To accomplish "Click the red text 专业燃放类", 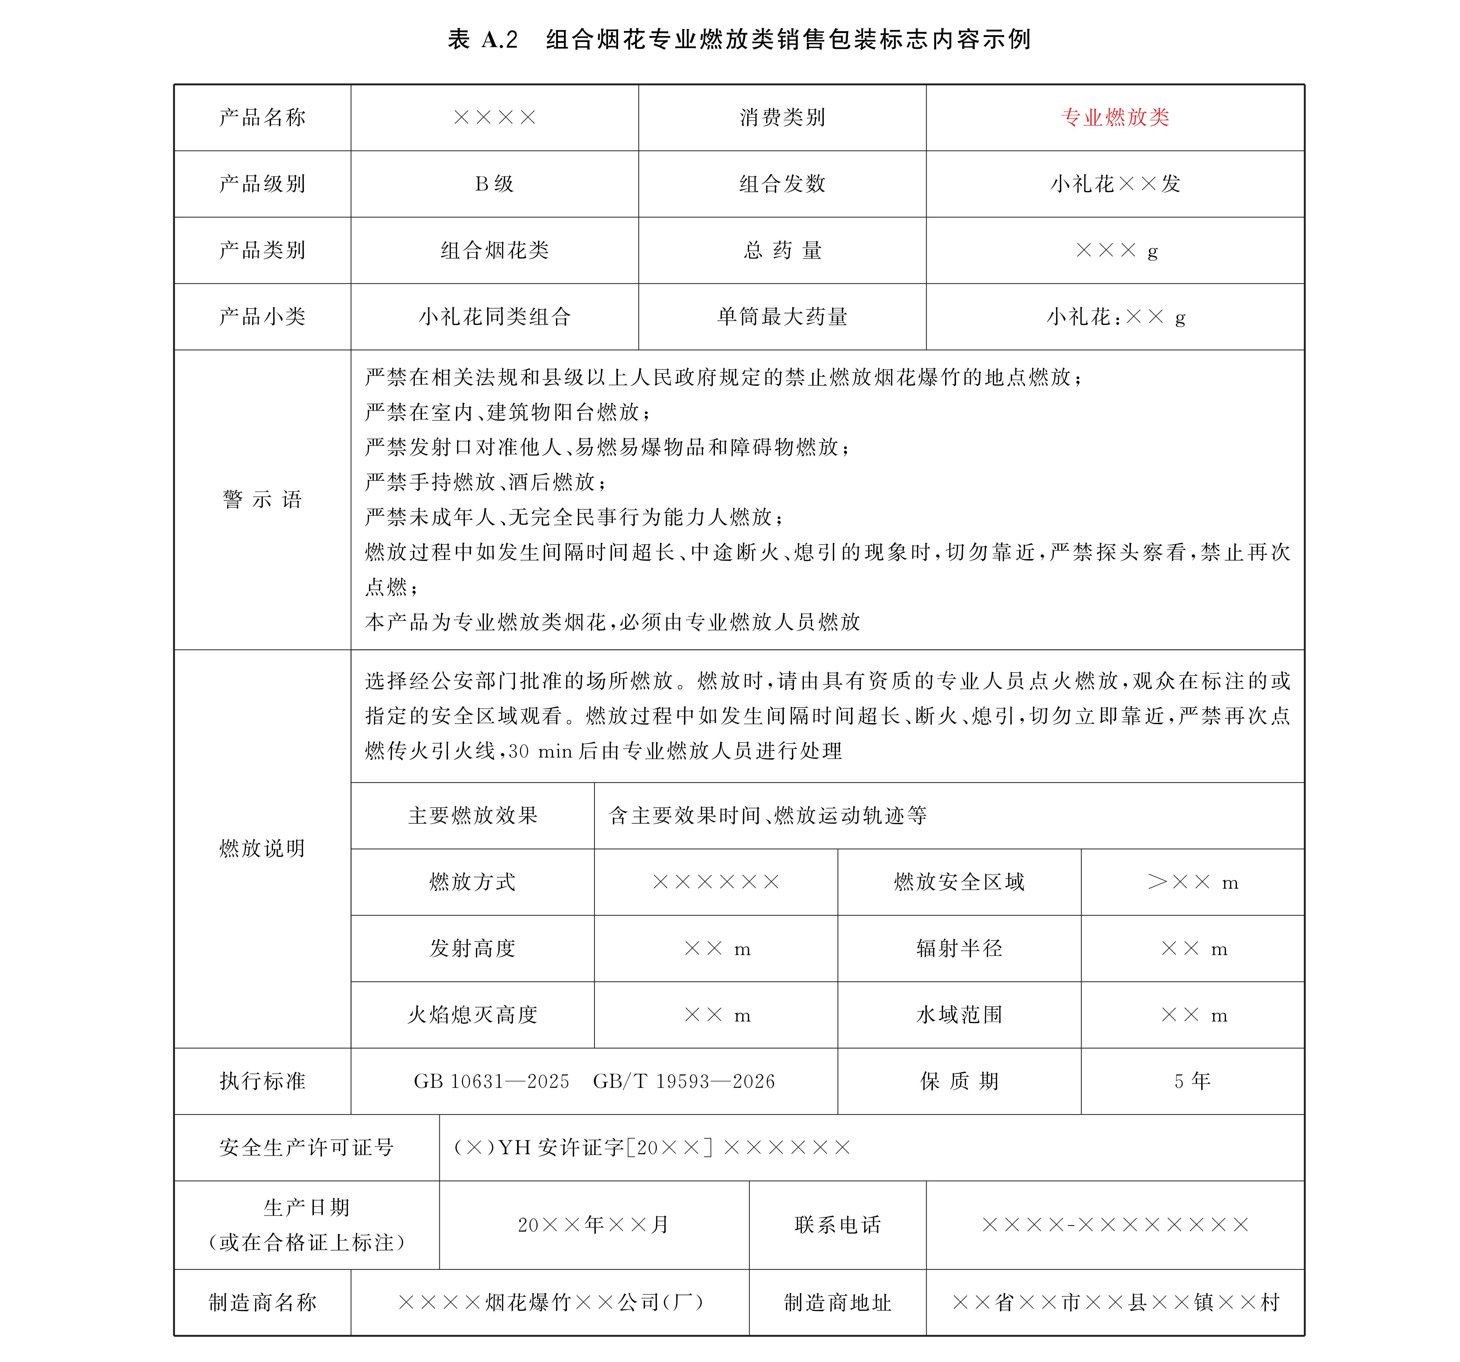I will pos(1115,117).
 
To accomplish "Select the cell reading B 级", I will pos(494,184).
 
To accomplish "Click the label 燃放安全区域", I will pos(959,882).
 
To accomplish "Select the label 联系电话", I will pos(837,1225).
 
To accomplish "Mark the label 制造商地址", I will pos(837,1303).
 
